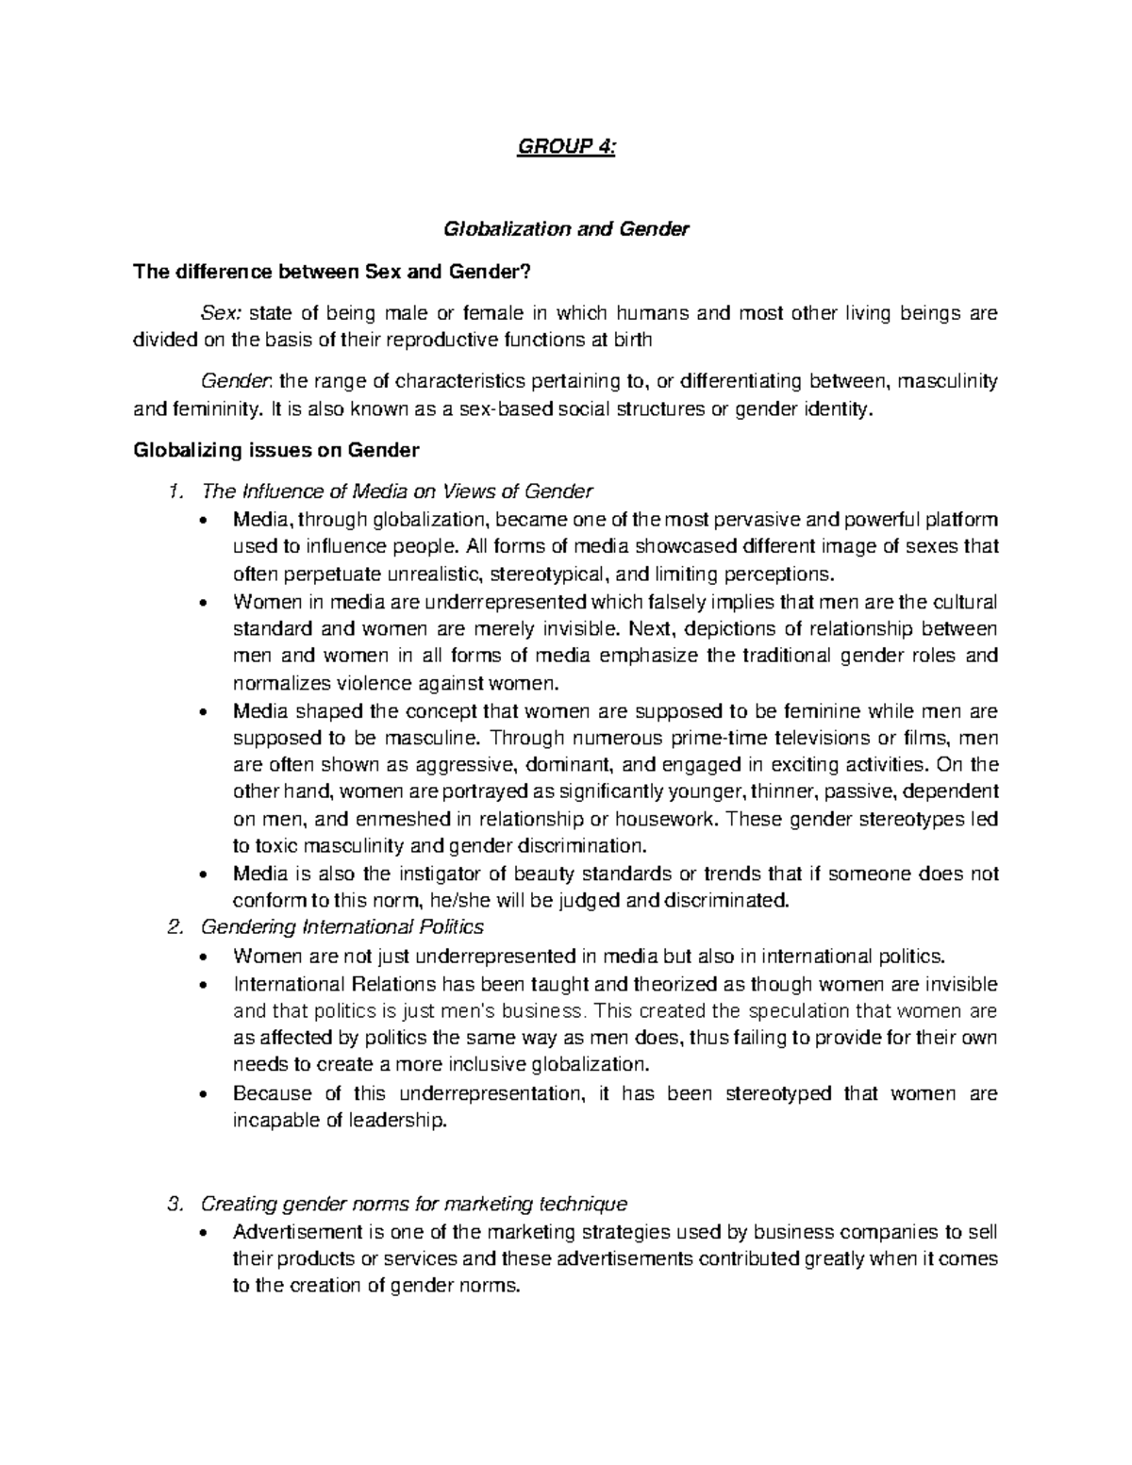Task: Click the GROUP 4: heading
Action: [566, 148]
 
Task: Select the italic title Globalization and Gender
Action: [566, 228]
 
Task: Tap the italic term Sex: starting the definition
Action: [219, 313]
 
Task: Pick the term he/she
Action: [458, 900]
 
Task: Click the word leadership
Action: [394, 1121]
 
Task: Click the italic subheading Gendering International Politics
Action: [343, 926]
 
